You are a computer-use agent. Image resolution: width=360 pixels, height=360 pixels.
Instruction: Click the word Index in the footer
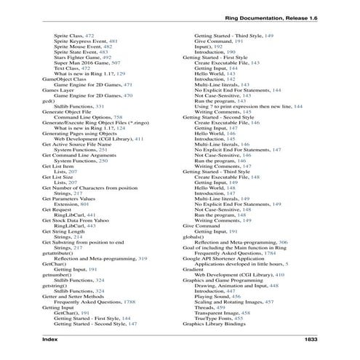point(53,340)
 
